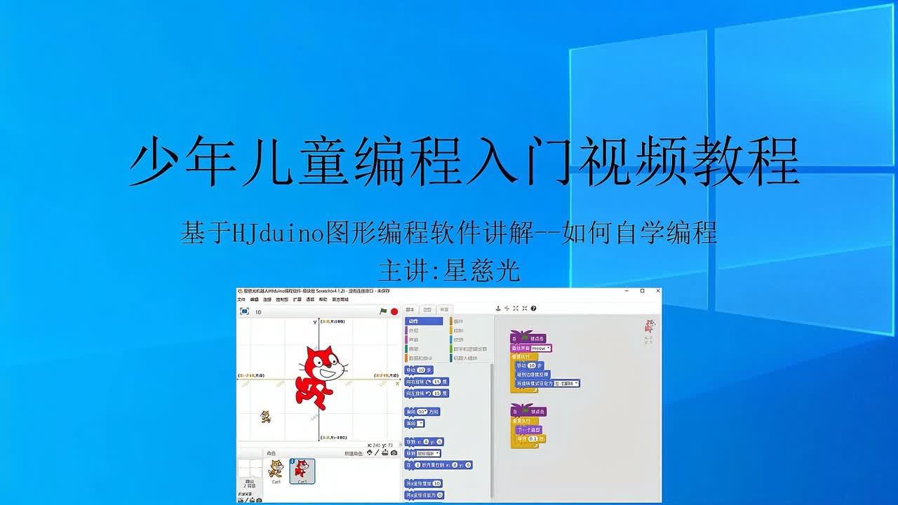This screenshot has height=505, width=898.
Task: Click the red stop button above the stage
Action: click(x=394, y=311)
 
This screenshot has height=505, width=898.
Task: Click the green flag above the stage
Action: click(x=383, y=311)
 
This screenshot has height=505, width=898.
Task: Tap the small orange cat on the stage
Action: click(x=266, y=417)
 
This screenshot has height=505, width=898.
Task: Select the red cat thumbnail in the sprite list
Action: click(x=302, y=469)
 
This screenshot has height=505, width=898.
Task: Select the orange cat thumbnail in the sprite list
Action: click(x=276, y=469)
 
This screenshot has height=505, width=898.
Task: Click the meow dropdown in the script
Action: click(x=541, y=348)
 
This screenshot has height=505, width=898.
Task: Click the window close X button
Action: click(x=657, y=291)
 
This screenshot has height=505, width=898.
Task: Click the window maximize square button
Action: click(x=642, y=291)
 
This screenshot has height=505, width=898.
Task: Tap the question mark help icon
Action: click(x=533, y=308)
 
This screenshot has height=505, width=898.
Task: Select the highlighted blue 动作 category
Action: click(x=424, y=321)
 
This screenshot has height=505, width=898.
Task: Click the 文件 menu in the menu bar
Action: click(x=241, y=299)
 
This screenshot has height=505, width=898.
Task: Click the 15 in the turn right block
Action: click(x=437, y=382)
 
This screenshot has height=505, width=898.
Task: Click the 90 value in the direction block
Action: click(x=422, y=412)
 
